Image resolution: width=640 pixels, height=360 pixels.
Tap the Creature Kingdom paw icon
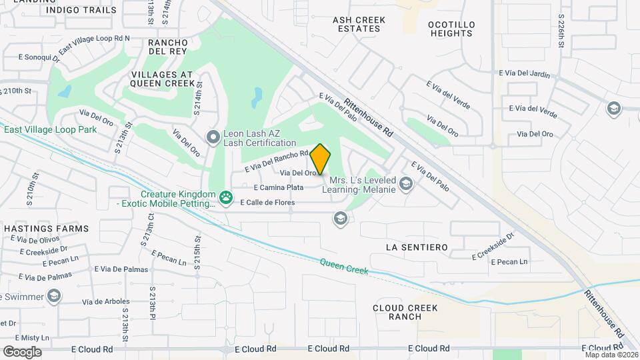227,197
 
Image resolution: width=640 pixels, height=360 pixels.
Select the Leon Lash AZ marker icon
213,138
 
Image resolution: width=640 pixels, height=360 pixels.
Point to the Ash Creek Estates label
359,25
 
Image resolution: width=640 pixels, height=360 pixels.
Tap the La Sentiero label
417,247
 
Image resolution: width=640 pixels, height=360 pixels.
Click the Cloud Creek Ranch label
405,312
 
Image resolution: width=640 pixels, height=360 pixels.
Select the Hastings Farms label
46,229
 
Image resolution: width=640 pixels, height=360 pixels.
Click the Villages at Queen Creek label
163,79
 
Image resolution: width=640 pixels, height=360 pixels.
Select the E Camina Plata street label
279,188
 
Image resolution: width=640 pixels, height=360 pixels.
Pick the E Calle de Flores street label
267,202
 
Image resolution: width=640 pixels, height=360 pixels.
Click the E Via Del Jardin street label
525,74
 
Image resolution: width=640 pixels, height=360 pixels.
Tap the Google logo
21,352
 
